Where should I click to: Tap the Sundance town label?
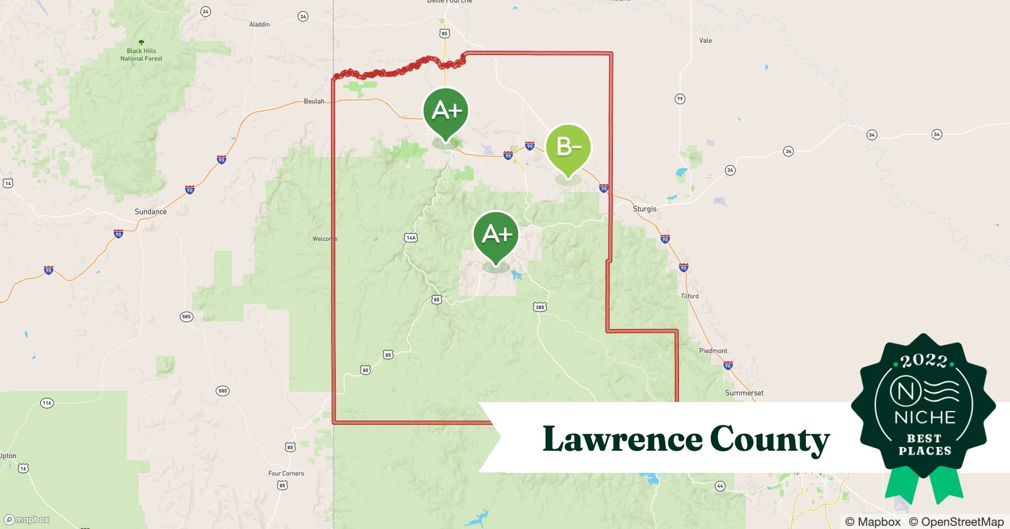point(151,212)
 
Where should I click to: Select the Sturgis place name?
point(645,209)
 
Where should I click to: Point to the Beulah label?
point(314,101)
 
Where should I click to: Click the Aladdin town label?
point(259,24)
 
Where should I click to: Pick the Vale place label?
point(705,40)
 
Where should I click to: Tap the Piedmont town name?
point(713,351)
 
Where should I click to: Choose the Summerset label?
point(744,393)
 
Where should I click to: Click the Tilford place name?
point(690,296)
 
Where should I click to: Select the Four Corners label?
point(286,473)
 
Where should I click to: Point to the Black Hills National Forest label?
point(141,55)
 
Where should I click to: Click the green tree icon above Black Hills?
point(141,42)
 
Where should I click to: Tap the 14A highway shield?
point(411,238)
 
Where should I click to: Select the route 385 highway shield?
point(539,307)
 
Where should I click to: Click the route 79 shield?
point(680,99)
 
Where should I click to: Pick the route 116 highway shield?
point(47,403)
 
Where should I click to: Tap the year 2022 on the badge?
point(924,361)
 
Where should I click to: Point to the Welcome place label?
point(325,239)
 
